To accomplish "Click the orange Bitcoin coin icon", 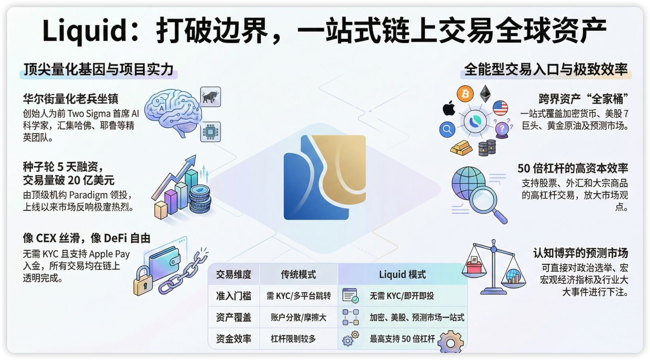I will [465, 94].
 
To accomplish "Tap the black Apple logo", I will [449, 108].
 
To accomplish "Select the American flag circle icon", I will [500, 108].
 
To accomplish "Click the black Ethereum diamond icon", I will [485, 94].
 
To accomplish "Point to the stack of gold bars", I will [461, 148].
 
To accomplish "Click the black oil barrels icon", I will [487, 148].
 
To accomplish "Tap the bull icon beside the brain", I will [210, 97].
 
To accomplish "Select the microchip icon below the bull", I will [210, 132].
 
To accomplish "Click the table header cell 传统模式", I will [298, 274].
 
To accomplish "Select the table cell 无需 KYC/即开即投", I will [402, 296].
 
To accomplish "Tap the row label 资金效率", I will [233, 339].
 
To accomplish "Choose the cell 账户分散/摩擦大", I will [298, 317].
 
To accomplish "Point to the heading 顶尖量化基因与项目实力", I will [99, 69].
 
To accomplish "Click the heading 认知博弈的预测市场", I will [580, 253].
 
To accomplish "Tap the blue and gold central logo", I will [325, 177].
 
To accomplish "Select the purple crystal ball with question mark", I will [502, 129].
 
